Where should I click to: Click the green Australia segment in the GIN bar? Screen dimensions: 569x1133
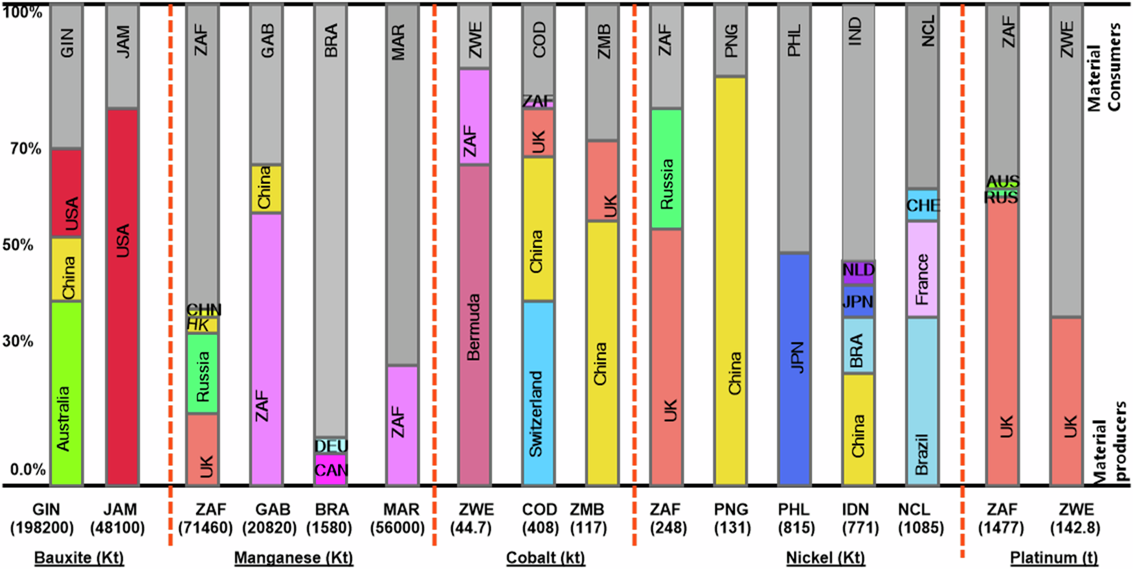point(66,393)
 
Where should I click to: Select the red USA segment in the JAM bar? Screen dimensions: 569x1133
point(122,297)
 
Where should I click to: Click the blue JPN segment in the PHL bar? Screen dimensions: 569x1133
point(794,368)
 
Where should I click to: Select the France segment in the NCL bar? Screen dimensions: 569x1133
point(922,270)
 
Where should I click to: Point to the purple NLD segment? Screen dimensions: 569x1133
point(858,271)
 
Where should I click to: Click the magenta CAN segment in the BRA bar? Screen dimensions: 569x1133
point(331,470)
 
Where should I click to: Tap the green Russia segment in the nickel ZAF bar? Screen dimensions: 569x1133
point(666,168)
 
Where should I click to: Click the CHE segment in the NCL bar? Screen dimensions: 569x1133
point(922,205)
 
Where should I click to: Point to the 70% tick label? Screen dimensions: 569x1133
point(25,150)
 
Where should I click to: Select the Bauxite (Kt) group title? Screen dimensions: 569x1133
point(79,557)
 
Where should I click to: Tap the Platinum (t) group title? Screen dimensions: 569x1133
point(1053,557)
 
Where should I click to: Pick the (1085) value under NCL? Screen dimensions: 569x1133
point(920,528)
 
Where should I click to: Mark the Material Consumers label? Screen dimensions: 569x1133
point(1103,68)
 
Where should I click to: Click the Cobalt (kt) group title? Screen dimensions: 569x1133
point(545,557)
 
